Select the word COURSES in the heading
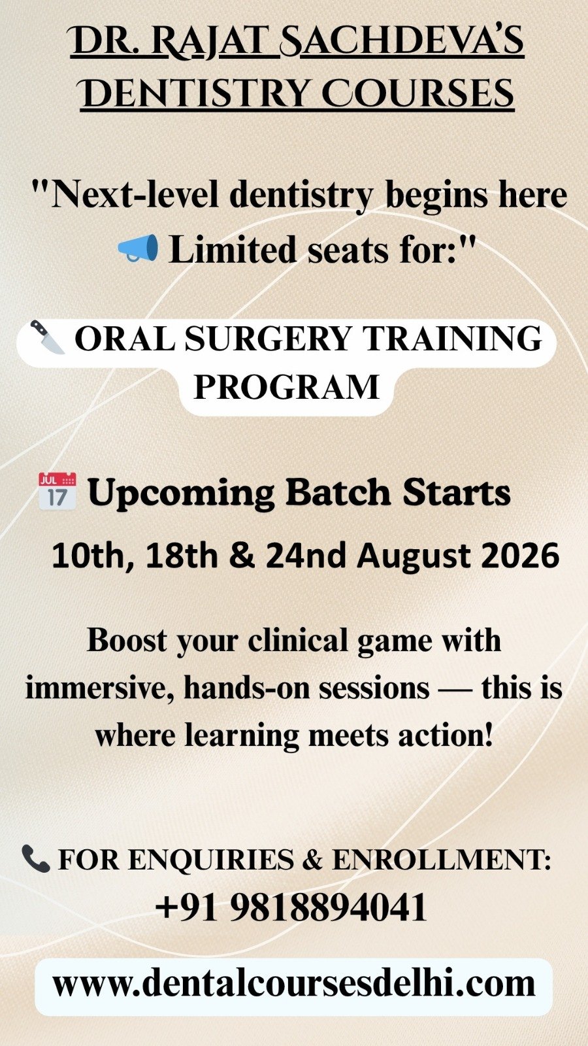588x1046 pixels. coord(418,93)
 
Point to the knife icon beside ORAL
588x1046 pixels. coord(47,337)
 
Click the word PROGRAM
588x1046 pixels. coord(286,386)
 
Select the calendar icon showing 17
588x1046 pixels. coord(57,491)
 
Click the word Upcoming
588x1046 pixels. coord(182,494)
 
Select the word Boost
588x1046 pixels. coord(127,640)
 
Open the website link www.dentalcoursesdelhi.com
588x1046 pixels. coord(294,984)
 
